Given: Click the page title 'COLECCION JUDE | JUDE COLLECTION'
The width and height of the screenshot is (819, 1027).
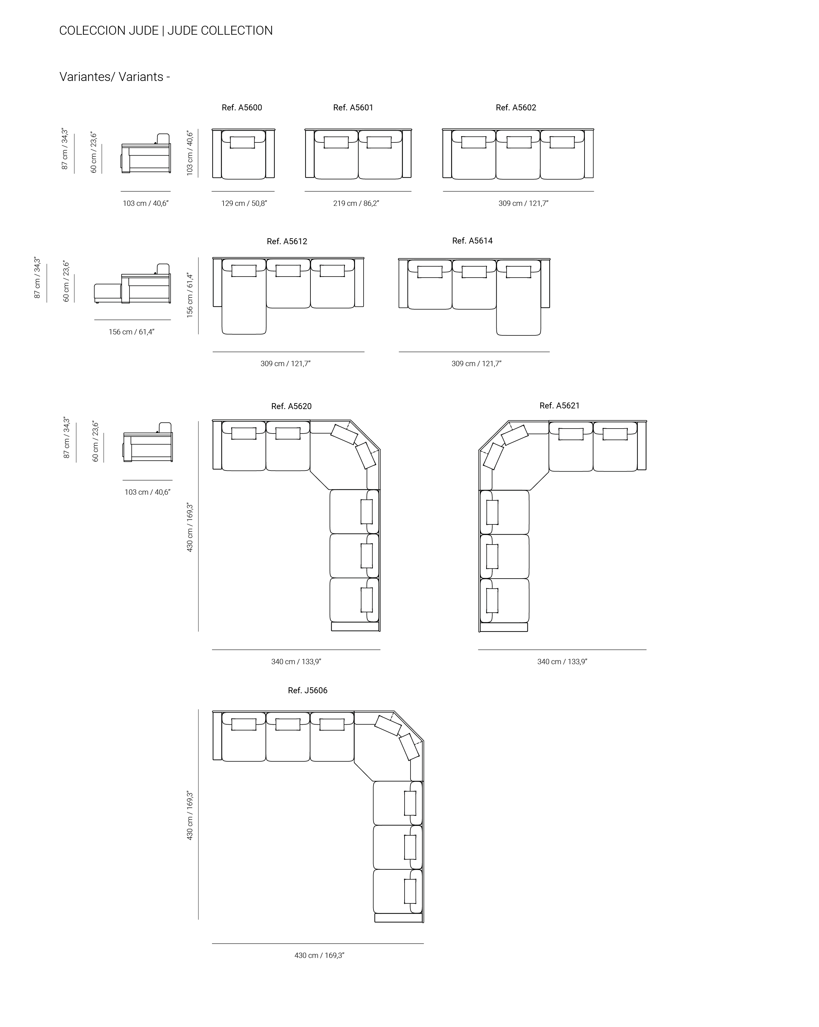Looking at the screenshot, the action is pyautogui.click(x=166, y=30).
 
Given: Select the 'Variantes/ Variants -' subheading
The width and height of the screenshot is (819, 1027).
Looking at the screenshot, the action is pyautogui.click(x=115, y=77).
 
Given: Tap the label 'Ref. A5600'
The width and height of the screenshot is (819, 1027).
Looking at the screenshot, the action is pyautogui.click(x=242, y=108).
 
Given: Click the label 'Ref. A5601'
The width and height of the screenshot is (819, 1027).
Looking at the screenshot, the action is pyautogui.click(x=353, y=108).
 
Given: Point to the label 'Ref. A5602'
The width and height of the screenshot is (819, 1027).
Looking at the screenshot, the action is pyautogui.click(x=516, y=108).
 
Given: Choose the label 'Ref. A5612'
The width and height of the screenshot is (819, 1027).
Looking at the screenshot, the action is pyautogui.click(x=287, y=242).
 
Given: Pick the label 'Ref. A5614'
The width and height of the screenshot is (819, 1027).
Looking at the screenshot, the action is pyautogui.click(x=472, y=241).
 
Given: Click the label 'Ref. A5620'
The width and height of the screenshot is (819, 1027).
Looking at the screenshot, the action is pyautogui.click(x=291, y=406).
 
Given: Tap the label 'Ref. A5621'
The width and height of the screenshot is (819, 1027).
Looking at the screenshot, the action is pyautogui.click(x=559, y=406).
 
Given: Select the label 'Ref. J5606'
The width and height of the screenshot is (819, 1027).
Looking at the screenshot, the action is pyautogui.click(x=307, y=691).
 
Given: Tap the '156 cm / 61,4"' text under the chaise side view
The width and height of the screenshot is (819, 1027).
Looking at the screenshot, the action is pyautogui.click(x=131, y=332).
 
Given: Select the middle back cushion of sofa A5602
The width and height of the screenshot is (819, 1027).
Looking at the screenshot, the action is pyautogui.click(x=518, y=142).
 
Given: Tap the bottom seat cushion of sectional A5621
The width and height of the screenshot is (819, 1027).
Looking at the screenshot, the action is pyautogui.click(x=505, y=601).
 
